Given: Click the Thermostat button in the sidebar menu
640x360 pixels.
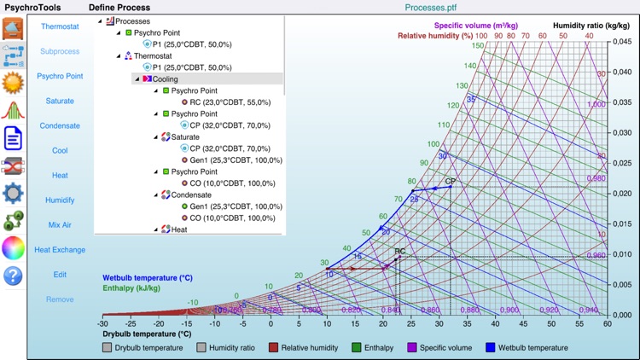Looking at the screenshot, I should coord(60,26).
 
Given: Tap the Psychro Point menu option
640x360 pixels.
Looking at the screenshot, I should coord(60,76).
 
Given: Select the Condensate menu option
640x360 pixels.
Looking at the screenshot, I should coord(60,125).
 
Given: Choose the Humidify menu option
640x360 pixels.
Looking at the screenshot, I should coord(60,200).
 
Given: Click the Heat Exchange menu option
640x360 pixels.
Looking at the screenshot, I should coord(60,250).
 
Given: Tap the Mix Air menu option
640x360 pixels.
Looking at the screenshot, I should coord(60,225).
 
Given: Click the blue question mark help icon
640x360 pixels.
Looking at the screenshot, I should coord(13,276).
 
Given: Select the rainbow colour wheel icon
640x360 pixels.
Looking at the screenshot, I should coord(13,247).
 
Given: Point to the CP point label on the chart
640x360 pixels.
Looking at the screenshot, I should coord(450,182).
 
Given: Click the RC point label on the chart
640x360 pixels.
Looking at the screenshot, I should coord(399,251).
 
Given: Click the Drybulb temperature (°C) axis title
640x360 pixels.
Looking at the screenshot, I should coord(142,334).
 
